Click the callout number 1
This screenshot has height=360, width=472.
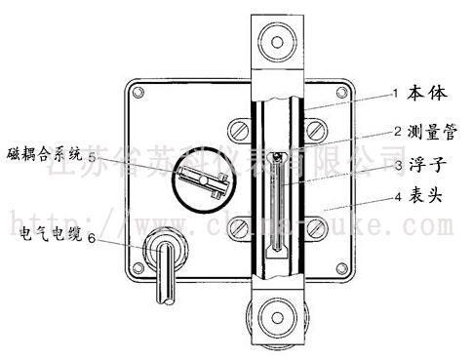click(395, 94)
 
